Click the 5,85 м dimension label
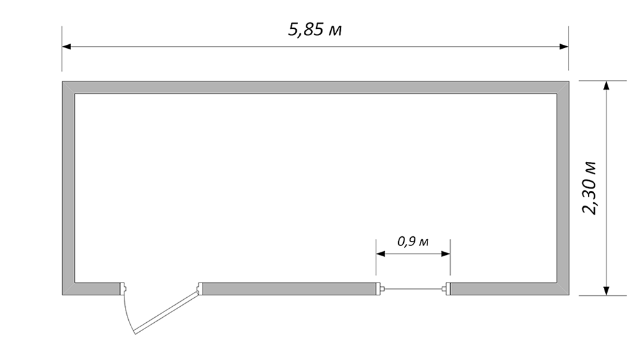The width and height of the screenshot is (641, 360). (x=315, y=30)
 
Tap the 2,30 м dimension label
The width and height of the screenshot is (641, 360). (x=590, y=188)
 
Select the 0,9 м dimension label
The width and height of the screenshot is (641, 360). (x=413, y=241)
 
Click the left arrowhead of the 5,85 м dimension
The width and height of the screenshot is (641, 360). (x=67, y=47)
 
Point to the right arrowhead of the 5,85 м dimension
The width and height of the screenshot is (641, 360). (x=563, y=47)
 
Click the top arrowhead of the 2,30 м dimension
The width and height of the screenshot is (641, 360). (x=606, y=85)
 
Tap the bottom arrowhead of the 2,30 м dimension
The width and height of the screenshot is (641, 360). (x=606, y=291)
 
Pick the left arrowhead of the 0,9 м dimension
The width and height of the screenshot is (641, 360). (x=381, y=254)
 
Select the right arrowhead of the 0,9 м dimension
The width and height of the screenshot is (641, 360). (x=445, y=254)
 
